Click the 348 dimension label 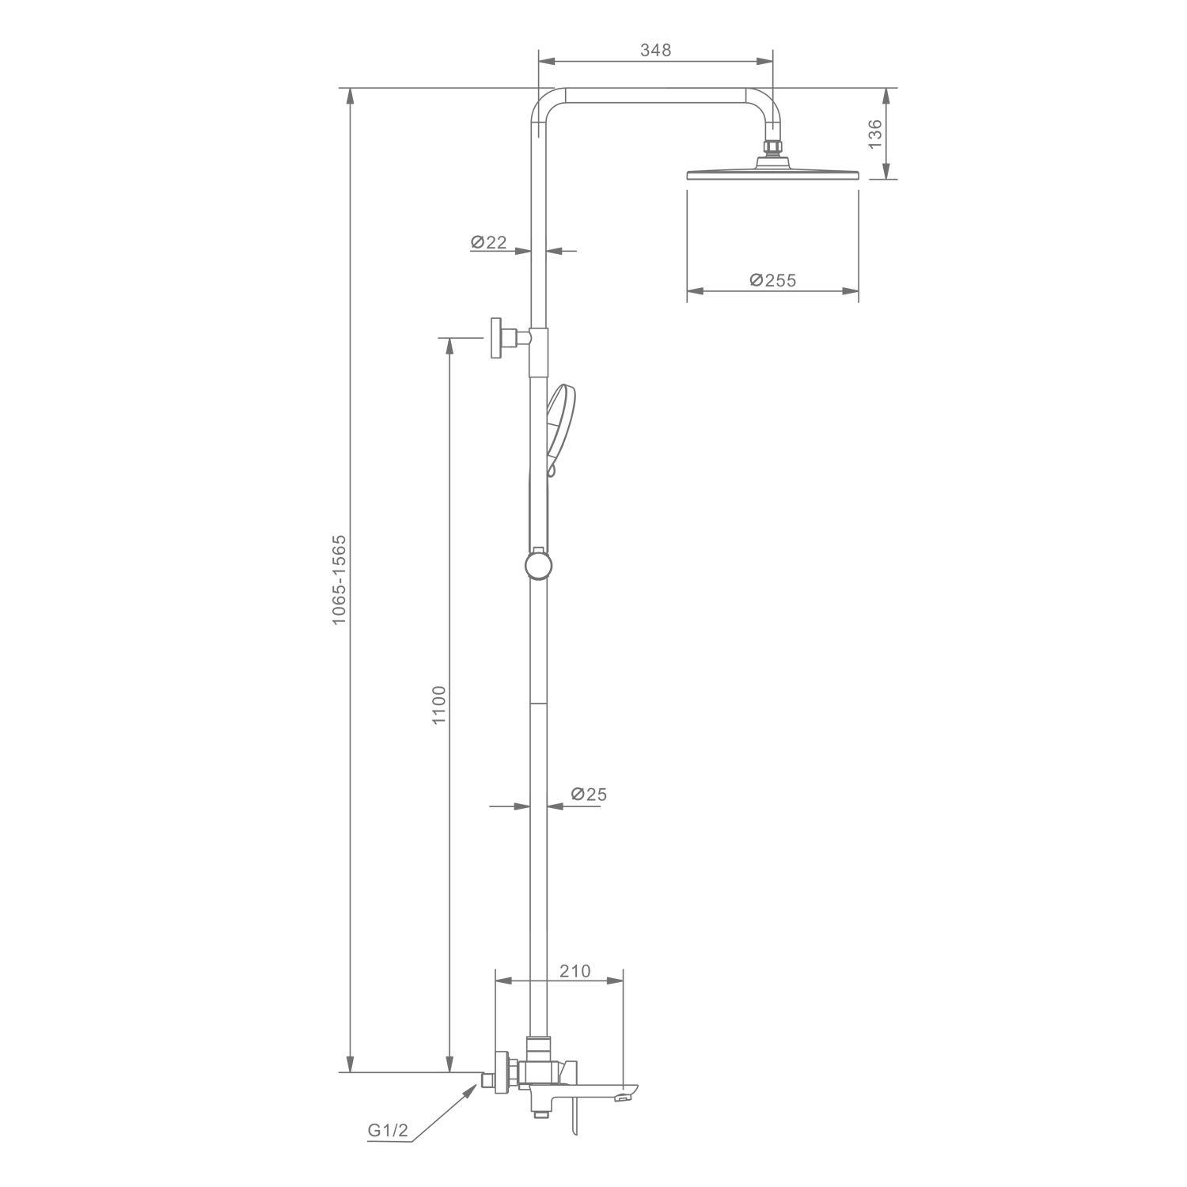655,50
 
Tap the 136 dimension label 874,134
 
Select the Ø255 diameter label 772,279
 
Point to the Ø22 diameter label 489,242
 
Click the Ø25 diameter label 588,794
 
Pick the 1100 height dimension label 441,704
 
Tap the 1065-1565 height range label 339,580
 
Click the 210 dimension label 575,970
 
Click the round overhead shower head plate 772,173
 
